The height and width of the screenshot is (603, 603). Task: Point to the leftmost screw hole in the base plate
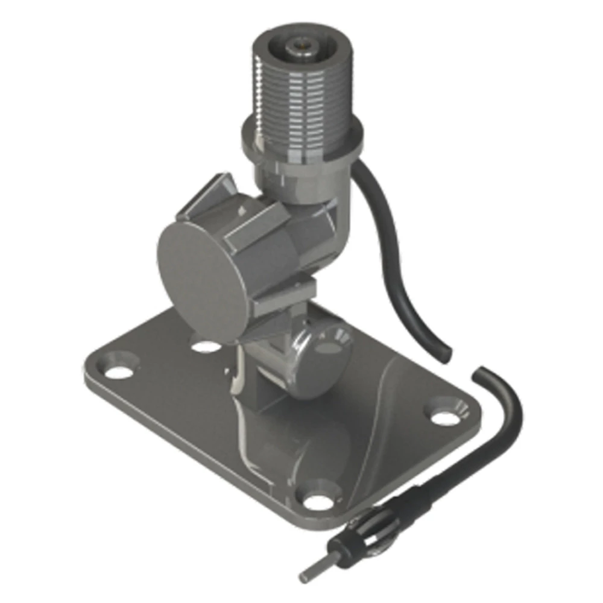(119, 370)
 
